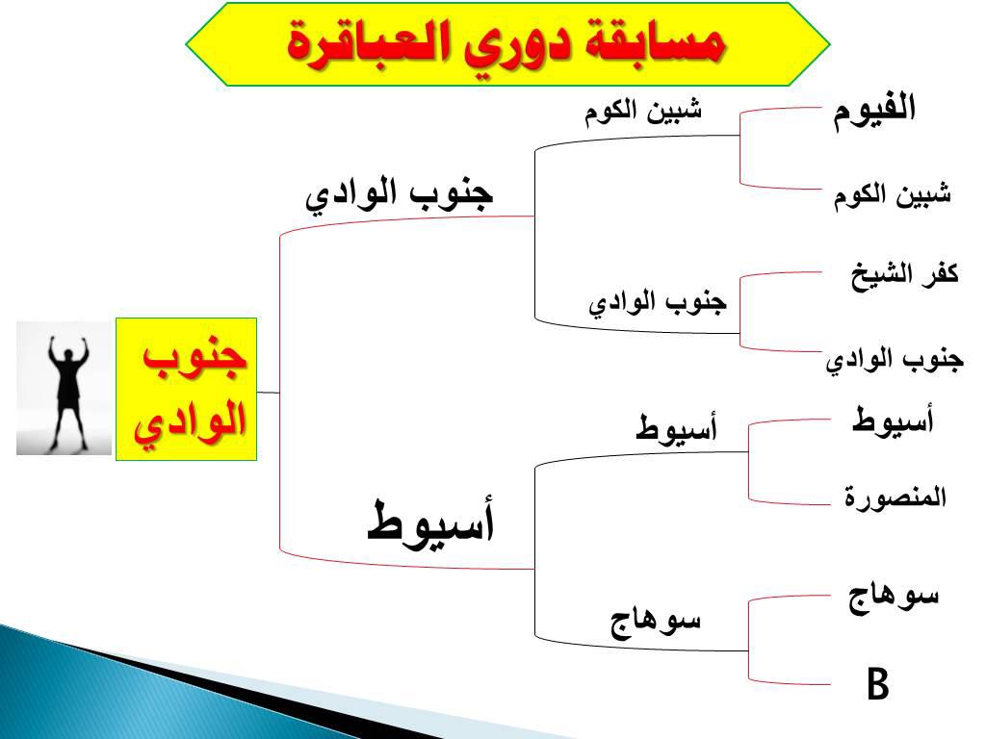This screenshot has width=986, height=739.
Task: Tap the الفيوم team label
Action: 874,111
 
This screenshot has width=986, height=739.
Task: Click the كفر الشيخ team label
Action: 905,275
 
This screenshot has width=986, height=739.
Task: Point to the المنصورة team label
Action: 895,497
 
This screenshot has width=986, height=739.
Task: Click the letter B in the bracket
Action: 878,684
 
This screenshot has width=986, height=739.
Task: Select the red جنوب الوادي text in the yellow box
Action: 189,392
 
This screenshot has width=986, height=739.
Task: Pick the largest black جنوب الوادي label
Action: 400,193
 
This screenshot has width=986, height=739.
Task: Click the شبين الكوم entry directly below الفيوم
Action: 893,195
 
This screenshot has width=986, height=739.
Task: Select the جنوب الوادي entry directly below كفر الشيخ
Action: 895,360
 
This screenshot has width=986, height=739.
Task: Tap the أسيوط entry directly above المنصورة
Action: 893,420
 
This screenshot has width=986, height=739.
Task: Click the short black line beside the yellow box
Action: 268,393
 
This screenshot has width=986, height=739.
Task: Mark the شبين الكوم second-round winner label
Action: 642,112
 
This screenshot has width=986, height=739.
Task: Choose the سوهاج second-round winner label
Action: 655,622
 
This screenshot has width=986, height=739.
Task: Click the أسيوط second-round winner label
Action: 676,428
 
